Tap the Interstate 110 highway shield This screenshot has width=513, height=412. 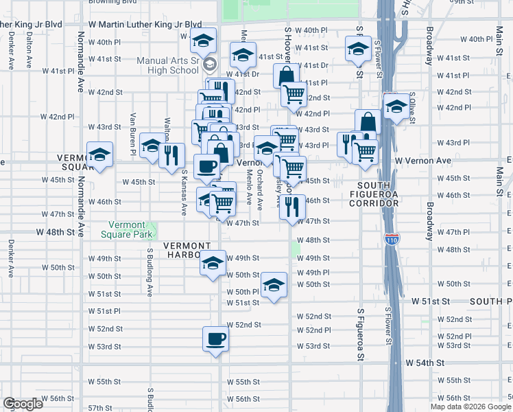tap(389, 240)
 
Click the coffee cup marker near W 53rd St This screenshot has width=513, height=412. tap(215, 339)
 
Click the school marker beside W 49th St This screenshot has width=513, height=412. tap(213, 263)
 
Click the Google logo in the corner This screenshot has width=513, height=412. tap(23, 404)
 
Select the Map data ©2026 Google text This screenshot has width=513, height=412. tap(470, 407)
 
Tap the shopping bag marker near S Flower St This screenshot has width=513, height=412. tap(368, 122)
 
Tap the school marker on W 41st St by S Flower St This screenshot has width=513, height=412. tap(358, 49)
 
